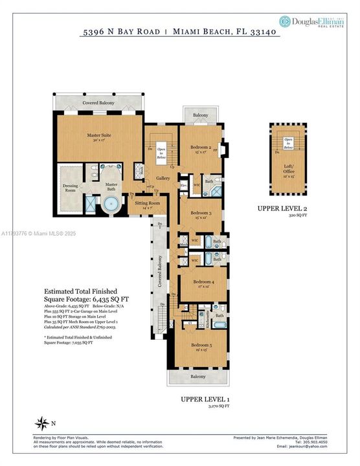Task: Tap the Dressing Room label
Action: tap(70, 188)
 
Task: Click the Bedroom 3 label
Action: tap(201, 215)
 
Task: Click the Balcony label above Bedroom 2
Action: tap(201, 115)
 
